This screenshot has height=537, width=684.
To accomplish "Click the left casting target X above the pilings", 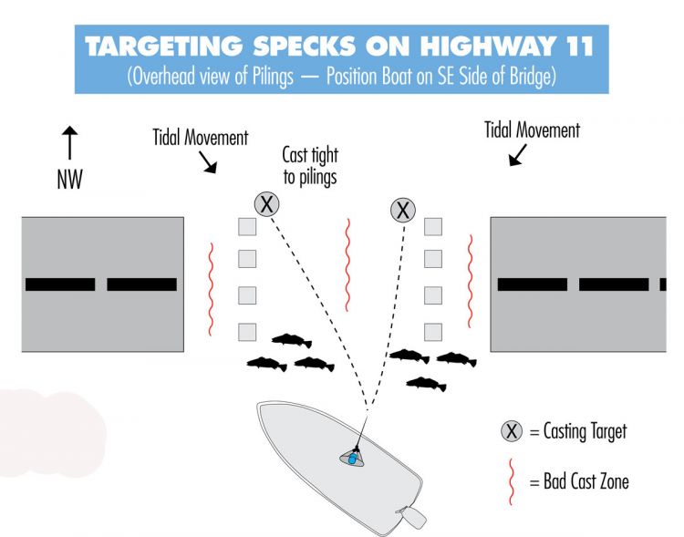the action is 266,203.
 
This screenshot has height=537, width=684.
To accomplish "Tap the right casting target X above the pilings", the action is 402,210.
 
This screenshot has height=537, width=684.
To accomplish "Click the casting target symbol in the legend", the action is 512,431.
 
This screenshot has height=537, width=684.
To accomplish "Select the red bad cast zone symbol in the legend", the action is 511,481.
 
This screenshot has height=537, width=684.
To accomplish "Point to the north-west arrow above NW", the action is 69,142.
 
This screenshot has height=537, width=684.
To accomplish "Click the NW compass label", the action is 70,180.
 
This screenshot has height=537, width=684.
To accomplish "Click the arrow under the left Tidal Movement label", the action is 208,162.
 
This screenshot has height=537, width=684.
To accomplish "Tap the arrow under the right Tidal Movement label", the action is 518,155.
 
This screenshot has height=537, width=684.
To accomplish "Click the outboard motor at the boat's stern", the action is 411,517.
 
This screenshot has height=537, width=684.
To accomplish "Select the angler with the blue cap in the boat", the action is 352,458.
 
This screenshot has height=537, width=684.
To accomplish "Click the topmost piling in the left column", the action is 247,227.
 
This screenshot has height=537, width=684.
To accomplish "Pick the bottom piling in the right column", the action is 432,332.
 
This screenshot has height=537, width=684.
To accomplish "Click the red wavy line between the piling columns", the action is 347,264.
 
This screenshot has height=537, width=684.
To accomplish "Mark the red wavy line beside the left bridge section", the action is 212,289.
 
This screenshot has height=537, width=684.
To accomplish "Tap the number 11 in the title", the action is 580,46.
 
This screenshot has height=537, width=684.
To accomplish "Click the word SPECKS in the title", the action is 305,46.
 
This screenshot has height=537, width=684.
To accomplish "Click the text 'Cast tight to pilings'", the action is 310,166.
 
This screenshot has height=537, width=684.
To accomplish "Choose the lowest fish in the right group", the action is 426,385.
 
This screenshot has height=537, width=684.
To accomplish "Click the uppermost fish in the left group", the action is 292,340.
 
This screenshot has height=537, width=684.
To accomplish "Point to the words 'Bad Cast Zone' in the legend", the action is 586,481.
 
